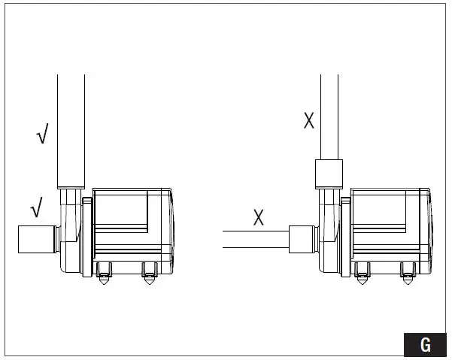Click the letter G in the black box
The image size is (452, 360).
coord(426,344)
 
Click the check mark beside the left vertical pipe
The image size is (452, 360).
coord(43,133)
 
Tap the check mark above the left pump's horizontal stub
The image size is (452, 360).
coord(37,207)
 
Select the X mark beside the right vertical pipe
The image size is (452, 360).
coord(309,120)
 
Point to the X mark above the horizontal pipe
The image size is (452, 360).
coord(258,217)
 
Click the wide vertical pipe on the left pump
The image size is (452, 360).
coord(71,132)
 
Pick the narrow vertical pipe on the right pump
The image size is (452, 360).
coord(329,117)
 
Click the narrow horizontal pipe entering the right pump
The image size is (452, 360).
coord(256,239)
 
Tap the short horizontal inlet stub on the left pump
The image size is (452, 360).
coord(37,239)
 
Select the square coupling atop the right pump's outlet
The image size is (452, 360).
coord(329,174)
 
